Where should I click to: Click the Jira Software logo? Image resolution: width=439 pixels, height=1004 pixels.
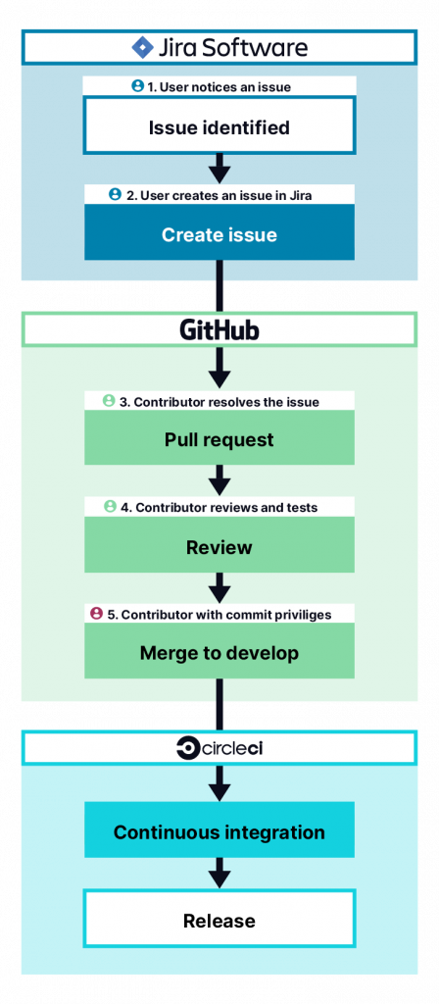219,47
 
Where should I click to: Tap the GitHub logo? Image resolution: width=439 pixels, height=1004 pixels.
219,329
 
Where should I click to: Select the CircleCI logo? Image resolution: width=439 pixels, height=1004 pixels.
219,749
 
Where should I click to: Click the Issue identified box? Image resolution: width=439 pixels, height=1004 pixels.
219,127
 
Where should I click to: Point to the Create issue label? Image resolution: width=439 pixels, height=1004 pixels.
219,235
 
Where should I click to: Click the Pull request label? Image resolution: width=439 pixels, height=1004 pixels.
219,440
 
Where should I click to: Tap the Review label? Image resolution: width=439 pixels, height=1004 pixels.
219,547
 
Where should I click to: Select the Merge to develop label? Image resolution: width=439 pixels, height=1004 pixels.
219,653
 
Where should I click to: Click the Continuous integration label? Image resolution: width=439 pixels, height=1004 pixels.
219,832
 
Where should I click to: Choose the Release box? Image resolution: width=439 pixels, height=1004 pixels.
219,920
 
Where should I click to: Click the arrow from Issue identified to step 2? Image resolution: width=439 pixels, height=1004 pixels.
219,166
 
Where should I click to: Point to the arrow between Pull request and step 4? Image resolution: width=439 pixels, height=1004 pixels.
219,479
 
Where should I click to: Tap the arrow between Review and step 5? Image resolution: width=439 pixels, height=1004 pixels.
219,586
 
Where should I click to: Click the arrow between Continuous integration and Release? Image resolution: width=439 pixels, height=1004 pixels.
219,872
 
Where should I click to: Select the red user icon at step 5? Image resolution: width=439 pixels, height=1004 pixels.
96,614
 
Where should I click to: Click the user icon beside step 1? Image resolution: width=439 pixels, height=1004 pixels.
138,86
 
